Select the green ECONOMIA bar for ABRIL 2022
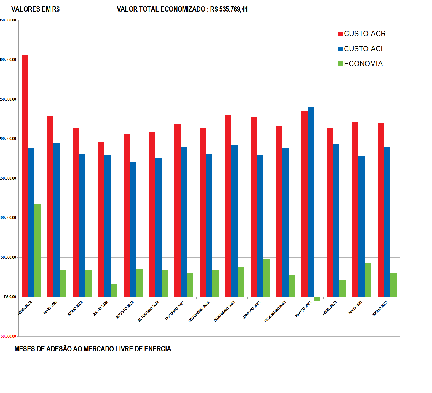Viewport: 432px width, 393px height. pyautogui.click(x=37, y=250)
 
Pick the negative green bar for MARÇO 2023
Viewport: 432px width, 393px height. pyautogui.click(x=317, y=299)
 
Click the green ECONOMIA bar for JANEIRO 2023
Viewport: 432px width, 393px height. pyautogui.click(x=266, y=278)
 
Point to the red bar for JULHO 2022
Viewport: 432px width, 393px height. pyautogui.click(x=101, y=219)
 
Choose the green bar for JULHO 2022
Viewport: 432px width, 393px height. pyautogui.click(x=114, y=290)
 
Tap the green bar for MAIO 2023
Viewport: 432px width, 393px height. pyautogui.click(x=368, y=280)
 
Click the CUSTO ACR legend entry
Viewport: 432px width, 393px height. pyautogui.click(x=362, y=34)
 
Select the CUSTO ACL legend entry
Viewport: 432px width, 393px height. pyautogui.click(x=361, y=49)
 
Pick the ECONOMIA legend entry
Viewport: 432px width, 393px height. pyautogui.click(x=360, y=64)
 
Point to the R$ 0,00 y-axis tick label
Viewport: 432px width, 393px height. pyautogui.click(x=10, y=297)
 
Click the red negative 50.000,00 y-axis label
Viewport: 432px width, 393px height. pyautogui.click(x=8, y=336)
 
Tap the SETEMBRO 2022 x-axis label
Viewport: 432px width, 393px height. pyautogui.click(x=148, y=311)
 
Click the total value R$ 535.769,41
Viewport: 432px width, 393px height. pyautogui.click(x=229, y=9)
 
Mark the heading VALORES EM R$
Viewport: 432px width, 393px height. pyautogui.click(x=35, y=9)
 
